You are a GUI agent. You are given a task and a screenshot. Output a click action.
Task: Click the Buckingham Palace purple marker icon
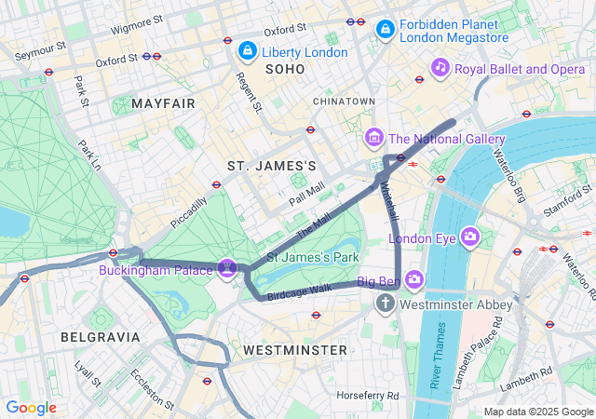(x=225, y=268)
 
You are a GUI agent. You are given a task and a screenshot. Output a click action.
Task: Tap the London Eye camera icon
(x=470, y=238)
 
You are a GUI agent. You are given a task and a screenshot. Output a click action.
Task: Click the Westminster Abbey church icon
(x=386, y=304)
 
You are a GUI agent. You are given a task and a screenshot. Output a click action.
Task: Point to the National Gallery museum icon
(x=373, y=139)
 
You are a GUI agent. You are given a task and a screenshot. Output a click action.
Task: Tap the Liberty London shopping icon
(x=248, y=52)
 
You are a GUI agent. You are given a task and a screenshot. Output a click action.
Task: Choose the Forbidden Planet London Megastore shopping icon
(x=385, y=31)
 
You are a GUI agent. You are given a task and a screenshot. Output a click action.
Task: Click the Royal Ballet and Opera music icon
(x=440, y=68)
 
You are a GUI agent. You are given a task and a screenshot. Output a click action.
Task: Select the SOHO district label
(x=285, y=70)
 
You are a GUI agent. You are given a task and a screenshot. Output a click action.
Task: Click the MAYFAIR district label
(x=164, y=103)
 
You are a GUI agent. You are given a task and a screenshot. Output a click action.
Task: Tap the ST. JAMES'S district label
(x=272, y=166)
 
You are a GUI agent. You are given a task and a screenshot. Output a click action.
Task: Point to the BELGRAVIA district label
(x=100, y=336)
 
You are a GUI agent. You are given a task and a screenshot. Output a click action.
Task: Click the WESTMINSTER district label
(x=294, y=349)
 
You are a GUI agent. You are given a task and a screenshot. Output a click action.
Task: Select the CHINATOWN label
(x=344, y=101)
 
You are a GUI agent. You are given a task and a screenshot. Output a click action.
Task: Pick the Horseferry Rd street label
(x=369, y=396)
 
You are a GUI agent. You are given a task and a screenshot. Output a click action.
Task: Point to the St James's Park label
(x=313, y=256)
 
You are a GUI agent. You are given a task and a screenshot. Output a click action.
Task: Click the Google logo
(x=31, y=408)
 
